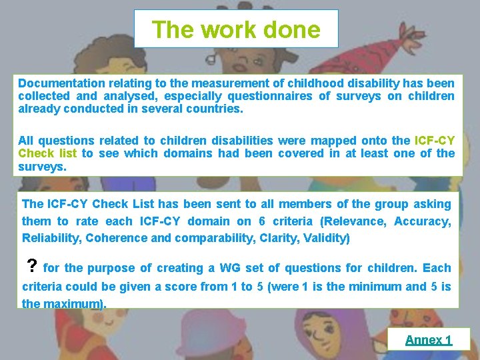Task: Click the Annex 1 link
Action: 428,340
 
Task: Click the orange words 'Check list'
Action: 48,153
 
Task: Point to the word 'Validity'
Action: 327,238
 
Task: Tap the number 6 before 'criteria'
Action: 261,221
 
